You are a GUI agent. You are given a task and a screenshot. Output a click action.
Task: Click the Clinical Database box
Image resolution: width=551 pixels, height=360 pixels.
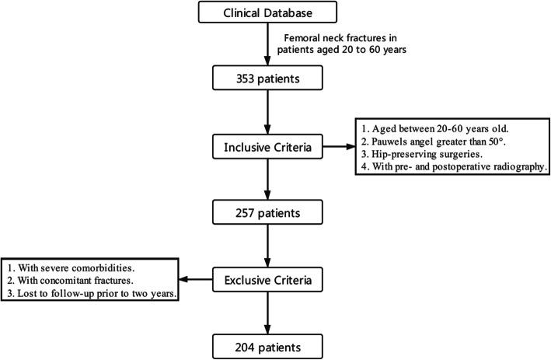269,12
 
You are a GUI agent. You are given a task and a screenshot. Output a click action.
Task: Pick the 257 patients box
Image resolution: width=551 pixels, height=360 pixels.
269,211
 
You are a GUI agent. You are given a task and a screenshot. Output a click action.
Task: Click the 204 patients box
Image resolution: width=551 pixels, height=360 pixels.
269,343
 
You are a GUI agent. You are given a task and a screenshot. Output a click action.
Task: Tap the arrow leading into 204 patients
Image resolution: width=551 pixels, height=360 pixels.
269,309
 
